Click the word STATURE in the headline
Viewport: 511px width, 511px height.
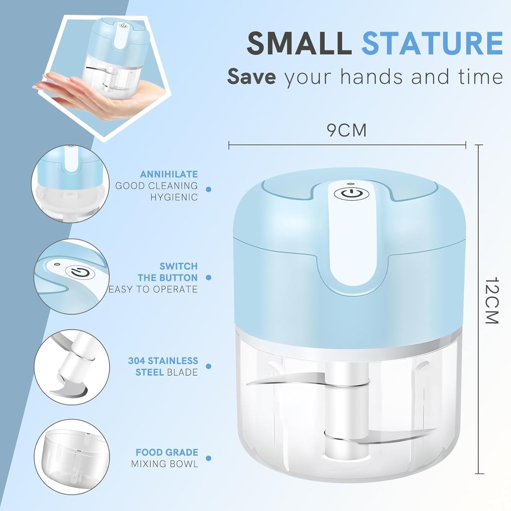(x=432, y=43)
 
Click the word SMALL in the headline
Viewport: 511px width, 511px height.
(x=299, y=43)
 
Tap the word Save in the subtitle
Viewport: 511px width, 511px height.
(x=251, y=76)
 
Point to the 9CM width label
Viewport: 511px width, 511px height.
(x=347, y=130)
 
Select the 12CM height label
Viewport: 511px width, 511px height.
(x=492, y=301)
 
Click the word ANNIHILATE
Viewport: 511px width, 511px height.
(x=169, y=174)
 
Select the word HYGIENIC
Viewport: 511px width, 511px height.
(x=174, y=197)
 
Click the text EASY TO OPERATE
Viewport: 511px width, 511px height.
(x=153, y=289)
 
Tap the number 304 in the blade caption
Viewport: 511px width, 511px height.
(x=137, y=361)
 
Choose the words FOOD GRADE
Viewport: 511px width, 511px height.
(x=167, y=452)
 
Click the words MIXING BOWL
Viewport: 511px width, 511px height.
(x=164, y=464)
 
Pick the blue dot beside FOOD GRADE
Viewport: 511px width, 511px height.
(x=208, y=458)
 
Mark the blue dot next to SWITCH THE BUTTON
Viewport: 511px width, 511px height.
(x=208, y=278)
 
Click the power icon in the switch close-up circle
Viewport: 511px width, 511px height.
(x=80, y=273)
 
